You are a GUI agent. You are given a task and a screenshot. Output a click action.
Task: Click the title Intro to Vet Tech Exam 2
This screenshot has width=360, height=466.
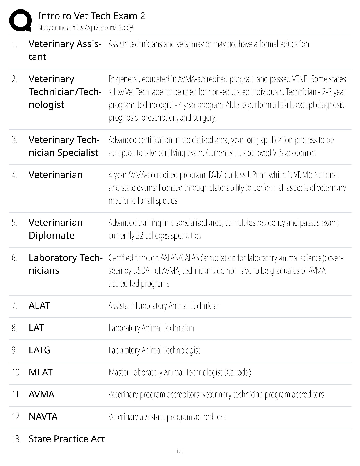[92, 16]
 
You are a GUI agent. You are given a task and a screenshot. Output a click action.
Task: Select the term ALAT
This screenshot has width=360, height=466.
[39, 306]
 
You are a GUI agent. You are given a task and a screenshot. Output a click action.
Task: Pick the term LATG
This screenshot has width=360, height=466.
[40, 350]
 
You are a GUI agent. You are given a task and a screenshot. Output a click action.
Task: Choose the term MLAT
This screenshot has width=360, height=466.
[41, 372]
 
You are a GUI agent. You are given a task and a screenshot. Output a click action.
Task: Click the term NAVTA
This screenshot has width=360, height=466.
[43, 417]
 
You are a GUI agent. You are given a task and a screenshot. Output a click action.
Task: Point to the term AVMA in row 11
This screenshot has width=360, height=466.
[41, 395]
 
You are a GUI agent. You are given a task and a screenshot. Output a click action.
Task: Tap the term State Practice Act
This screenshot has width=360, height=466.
[66, 439]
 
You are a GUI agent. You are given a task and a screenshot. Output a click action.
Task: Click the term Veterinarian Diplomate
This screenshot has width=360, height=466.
[56, 229]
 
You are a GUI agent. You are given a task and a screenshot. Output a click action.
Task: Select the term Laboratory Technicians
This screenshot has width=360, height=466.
[65, 264]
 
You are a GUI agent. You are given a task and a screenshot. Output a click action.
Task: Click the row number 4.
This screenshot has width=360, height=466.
[14, 175]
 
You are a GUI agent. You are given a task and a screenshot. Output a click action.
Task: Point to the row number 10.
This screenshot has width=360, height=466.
[16, 372]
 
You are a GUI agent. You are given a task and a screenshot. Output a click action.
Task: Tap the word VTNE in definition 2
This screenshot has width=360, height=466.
[299, 79]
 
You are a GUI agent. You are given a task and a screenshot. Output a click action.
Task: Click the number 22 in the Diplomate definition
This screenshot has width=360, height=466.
[139, 236]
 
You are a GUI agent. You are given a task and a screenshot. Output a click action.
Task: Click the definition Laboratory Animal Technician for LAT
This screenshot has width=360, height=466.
[151, 328]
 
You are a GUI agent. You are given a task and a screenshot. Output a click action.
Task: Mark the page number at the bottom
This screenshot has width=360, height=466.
[180, 451]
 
